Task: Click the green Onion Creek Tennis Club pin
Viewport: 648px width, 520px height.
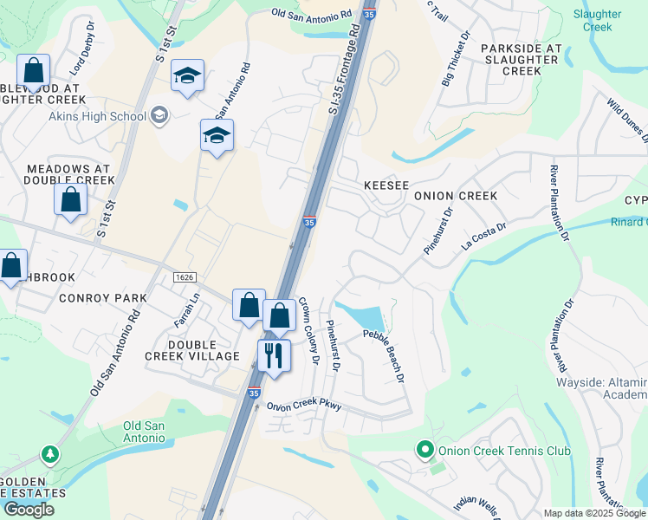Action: tap(424, 450)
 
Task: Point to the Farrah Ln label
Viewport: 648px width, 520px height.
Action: tap(189, 306)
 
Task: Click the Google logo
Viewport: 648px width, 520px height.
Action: tap(29, 510)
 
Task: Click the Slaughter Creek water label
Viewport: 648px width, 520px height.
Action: tap(597, 21)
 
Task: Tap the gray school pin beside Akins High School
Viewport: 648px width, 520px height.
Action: tap(159, 114)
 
